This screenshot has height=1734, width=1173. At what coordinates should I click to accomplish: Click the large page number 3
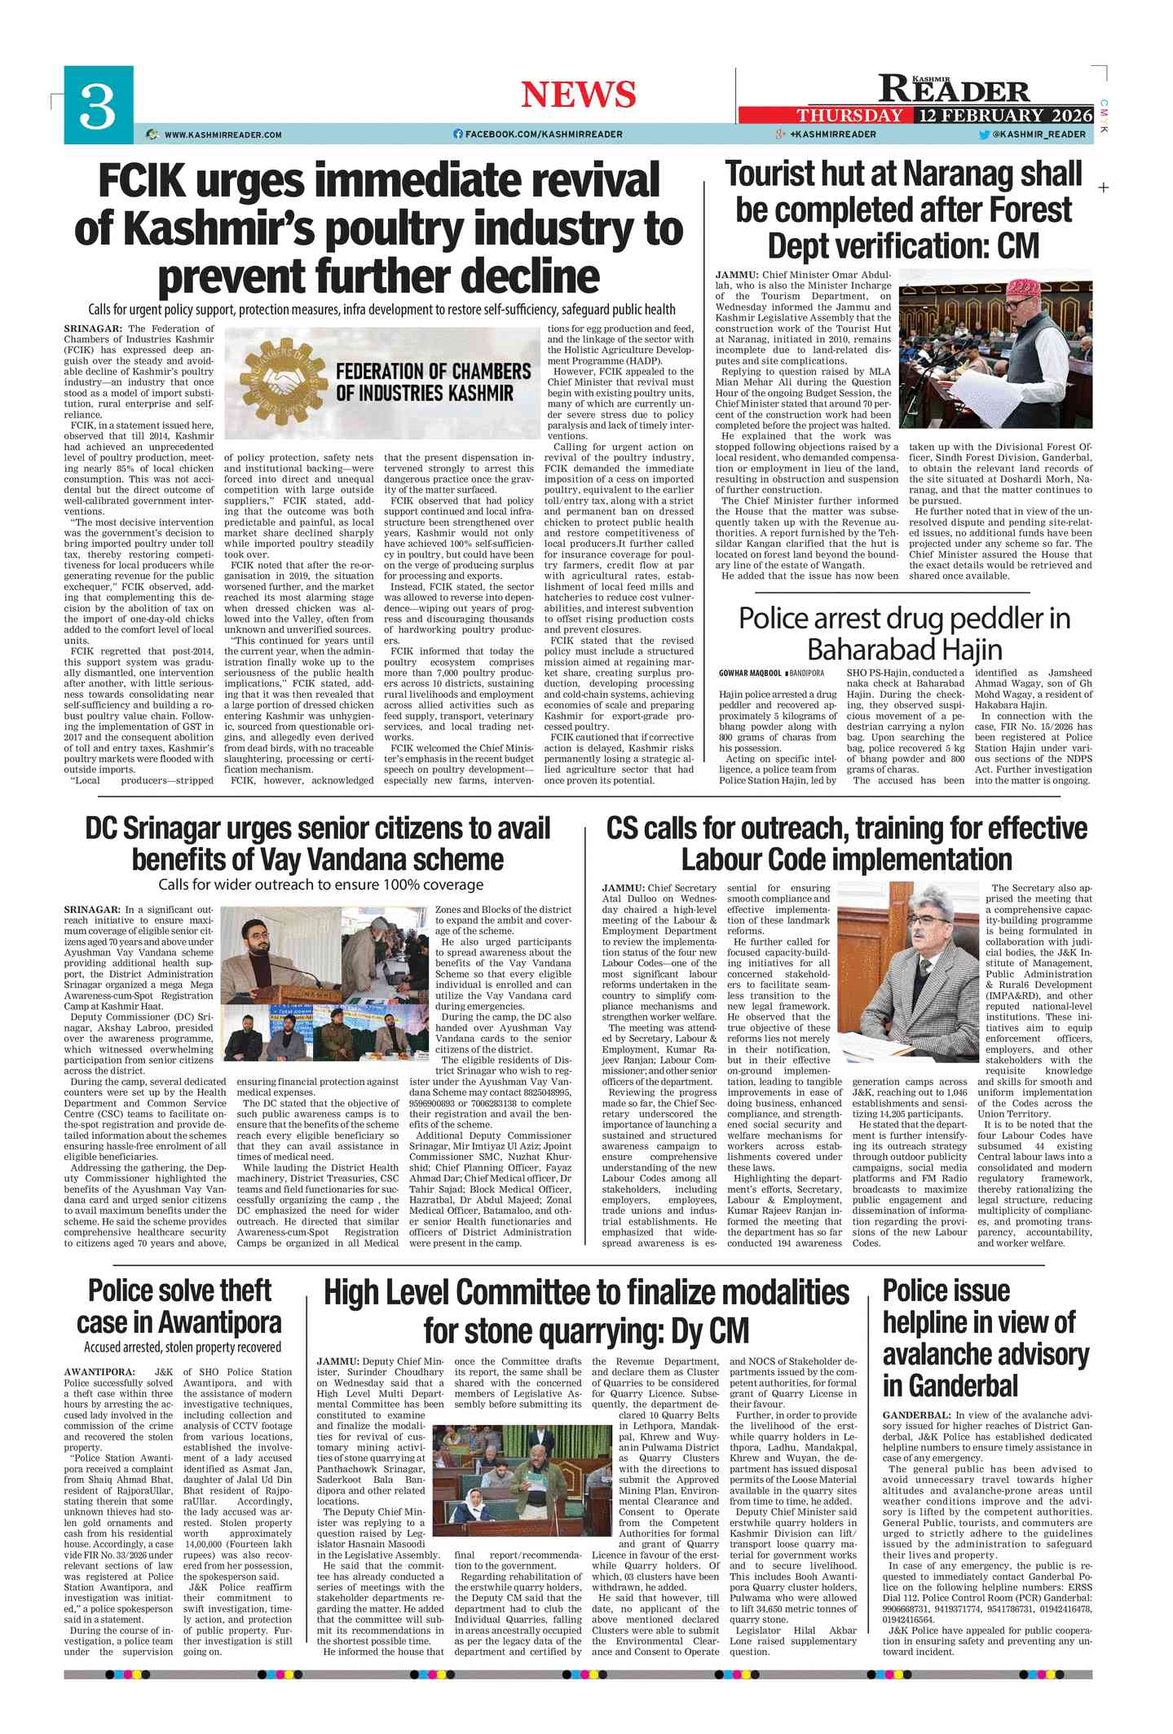(x=98, y=106)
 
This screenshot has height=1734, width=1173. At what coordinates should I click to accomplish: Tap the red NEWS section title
(x=578, y=95)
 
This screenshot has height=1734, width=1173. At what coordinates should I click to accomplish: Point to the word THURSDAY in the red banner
(x=849, y=115)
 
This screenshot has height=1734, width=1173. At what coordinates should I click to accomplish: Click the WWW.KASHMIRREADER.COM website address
(x=223, y=135)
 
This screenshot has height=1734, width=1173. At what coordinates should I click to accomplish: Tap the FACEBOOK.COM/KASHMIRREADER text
(x=544, y=135)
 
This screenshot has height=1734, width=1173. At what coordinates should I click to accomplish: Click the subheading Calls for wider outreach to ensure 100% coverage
(x=320, y=885)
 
